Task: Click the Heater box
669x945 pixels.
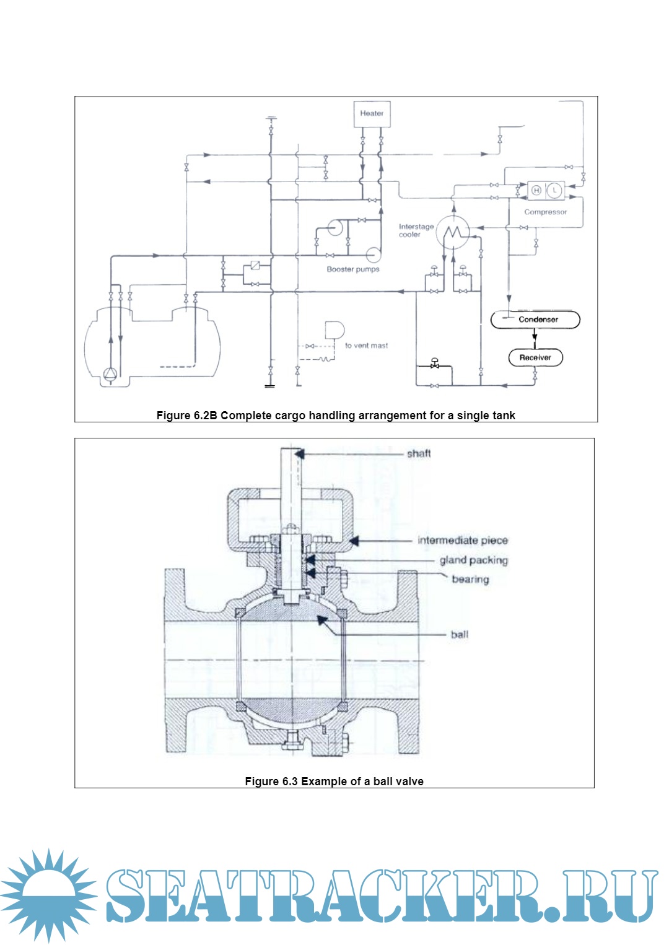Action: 372,114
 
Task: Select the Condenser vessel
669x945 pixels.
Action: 535,320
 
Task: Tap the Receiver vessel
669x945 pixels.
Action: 535,357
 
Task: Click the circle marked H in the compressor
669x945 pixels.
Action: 536,190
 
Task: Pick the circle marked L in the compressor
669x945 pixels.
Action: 554,190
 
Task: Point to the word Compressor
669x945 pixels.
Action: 545,212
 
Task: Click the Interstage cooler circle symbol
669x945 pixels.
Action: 453,232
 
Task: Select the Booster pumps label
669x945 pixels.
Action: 352,269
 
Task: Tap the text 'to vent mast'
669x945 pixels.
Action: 366,346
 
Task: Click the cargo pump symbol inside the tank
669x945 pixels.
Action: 110,373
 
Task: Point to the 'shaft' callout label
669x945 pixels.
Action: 419,453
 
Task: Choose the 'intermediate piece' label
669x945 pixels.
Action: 463,541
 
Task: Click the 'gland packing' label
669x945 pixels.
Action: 474,560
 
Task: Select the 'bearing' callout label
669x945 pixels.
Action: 470,580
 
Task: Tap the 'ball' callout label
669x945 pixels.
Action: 460,635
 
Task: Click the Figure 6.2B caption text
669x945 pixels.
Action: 335,416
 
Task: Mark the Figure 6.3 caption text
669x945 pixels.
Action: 334,782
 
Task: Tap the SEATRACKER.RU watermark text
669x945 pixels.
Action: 381,896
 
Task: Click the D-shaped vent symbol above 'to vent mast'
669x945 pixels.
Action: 334,331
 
